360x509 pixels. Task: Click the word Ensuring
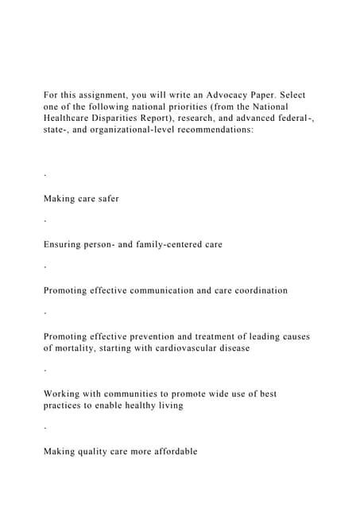64,245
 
